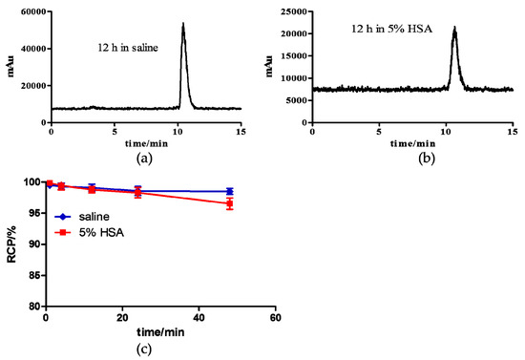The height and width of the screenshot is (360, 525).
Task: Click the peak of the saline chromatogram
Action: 182,24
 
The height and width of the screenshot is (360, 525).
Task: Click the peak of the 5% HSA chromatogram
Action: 454,29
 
